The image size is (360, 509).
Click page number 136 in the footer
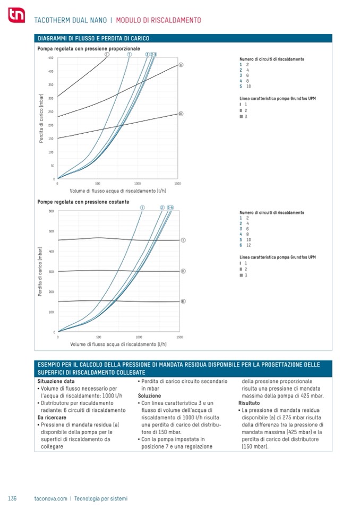[13, 498]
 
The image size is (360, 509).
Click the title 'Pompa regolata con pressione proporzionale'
[89, 48]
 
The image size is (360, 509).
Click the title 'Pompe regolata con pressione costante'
[83, 202]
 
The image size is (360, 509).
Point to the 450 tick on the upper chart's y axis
[51, 58]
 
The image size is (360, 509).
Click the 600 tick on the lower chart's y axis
[52, 211]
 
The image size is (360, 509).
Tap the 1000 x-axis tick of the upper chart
[137, 183]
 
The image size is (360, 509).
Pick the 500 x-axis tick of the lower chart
[98, 337]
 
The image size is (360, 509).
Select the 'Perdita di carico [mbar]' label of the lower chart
[40, 271]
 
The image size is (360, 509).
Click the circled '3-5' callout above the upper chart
[153, 54]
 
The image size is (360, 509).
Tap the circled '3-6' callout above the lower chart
[170, 207]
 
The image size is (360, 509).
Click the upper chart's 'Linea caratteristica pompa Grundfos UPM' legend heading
[278, 99]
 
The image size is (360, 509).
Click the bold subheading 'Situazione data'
[56, 381]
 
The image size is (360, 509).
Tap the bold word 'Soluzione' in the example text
[149, 396]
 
